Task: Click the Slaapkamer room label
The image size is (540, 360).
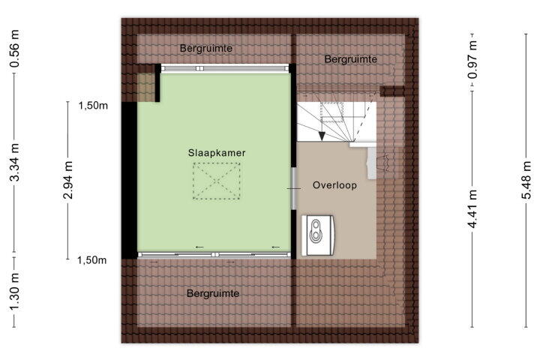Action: [x=217, y=152]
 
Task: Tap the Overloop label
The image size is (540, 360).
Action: [x=334, y=185]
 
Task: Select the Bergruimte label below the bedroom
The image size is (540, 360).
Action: [x=213, y=293]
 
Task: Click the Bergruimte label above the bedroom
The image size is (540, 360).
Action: [x=206, y=48]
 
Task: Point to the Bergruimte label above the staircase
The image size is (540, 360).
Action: [x=350, y=59]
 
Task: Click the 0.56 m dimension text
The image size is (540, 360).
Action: [x=15, y=48]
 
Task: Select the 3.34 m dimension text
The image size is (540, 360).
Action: [x=15, y=162]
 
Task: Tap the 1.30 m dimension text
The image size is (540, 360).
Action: [x=15, y=291]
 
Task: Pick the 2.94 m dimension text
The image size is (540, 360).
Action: [x=67, y=180]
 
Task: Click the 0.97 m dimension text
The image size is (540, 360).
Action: [x=472, y=60]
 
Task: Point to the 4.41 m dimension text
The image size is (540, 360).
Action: [x=472, y=208]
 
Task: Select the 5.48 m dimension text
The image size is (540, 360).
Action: [x=526, y=180]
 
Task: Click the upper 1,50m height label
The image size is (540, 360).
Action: [x=93, y=106]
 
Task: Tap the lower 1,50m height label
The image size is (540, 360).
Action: [x=92, y=260]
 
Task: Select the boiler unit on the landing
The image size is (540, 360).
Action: [x=317, y=235]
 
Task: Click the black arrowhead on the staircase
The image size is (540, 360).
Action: [x=322, y=136]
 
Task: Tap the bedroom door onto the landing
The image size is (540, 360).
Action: [x=294, y=188]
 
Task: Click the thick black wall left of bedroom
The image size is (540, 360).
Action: [x=130, y=180]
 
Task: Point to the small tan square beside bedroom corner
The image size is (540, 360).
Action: [x=146, y=88]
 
